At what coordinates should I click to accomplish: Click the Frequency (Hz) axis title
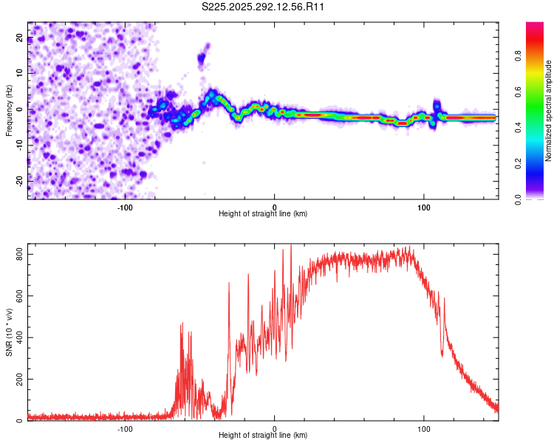[9, 111]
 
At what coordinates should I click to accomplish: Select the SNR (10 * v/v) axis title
[9, 332]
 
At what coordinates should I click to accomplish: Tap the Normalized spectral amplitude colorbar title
[549, 111]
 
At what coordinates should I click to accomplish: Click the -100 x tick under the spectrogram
[125, 206]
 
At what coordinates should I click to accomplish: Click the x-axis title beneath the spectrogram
[263, 213]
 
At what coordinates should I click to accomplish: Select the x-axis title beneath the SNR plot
[263, 436]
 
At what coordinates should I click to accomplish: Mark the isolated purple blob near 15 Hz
[202, 56]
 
